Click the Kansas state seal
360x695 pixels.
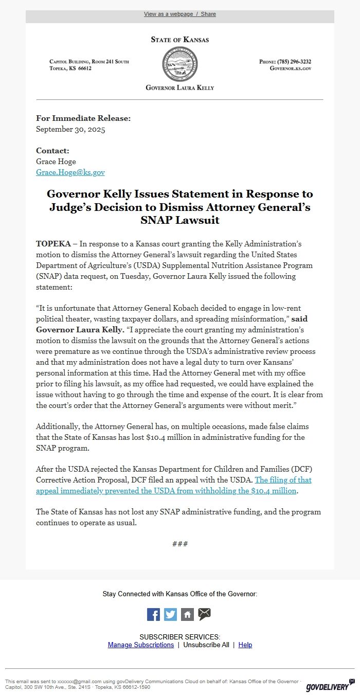pos(179,64)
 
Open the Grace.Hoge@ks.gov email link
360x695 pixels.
pos(70,172)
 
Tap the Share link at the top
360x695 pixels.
pos(208,14)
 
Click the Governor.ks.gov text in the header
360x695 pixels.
pos(290,68)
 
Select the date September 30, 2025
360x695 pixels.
pos(70,130)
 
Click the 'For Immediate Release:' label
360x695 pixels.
pos(83,118)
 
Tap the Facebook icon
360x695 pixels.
pos(153,614)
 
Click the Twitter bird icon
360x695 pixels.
pos(170,614)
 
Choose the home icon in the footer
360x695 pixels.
pos(187,614)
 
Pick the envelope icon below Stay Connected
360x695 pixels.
pos(205,614)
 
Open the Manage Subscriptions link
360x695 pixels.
pos(141,645)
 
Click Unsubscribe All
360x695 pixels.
pos(206,645)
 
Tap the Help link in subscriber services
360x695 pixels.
pos(245,645)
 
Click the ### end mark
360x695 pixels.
pos(179,544)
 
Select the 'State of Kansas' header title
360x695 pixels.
pos(179,40)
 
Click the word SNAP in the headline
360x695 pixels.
pos(154,220)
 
